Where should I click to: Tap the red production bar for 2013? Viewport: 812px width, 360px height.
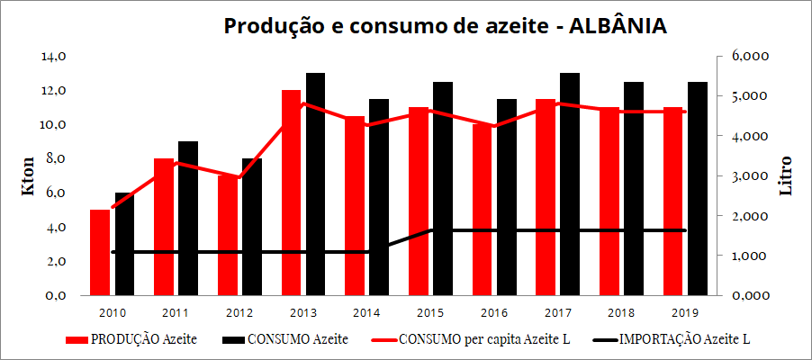point(291,193)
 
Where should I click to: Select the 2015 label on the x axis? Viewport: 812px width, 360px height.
point(429,312)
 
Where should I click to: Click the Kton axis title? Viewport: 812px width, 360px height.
point(28,176)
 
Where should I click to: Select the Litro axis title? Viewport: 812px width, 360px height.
point(786,176)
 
